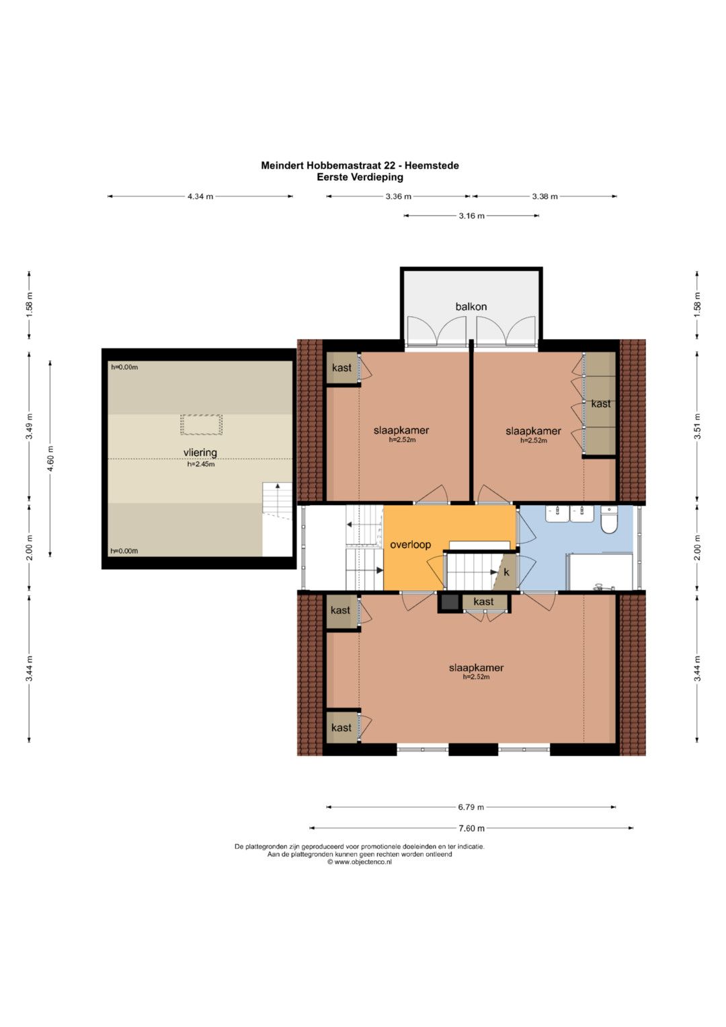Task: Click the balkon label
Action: (471, 306)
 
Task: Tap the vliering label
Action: (200, 453)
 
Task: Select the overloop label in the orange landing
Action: (410, 545)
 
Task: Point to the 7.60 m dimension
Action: (471, 828)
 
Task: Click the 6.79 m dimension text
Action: (471, 807)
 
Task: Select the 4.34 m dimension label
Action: (200, 196)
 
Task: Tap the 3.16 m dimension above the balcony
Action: (472, 215)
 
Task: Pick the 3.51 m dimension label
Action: (697, 426)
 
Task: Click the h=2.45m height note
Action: (201, 464)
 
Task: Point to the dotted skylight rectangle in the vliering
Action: (201, 424)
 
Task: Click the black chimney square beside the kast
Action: (450, 602)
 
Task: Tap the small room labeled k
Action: (505, 572)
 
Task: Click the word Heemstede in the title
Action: (432, 165)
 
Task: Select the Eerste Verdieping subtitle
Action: (360, 177)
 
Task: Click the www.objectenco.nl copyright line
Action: (360, 862)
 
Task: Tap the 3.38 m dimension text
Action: (544, 196)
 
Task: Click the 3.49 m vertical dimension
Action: (29, 426)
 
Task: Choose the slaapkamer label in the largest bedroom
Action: (476, 668)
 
